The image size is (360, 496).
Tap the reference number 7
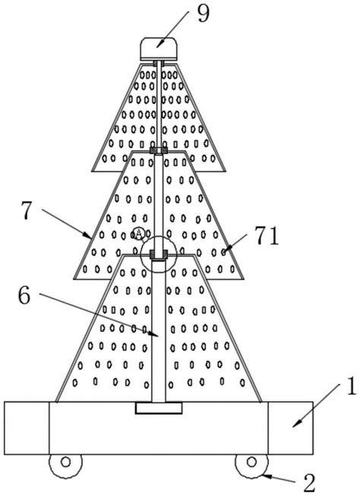(27, 210)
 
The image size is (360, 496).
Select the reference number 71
(267, 236)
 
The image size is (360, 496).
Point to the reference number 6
(24, 296)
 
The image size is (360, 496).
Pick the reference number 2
(310, 483)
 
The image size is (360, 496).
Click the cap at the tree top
(159, 49)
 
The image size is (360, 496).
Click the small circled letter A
(138, 233)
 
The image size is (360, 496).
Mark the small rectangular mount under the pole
(159, 408)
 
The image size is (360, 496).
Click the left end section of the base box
(27, 428)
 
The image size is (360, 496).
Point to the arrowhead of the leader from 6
(154, 333)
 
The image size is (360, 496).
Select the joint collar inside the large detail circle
(159, 254)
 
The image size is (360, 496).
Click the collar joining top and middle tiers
(159, 150)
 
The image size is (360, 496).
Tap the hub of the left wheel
(65, 462)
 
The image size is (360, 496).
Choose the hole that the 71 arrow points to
(223, 252)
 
